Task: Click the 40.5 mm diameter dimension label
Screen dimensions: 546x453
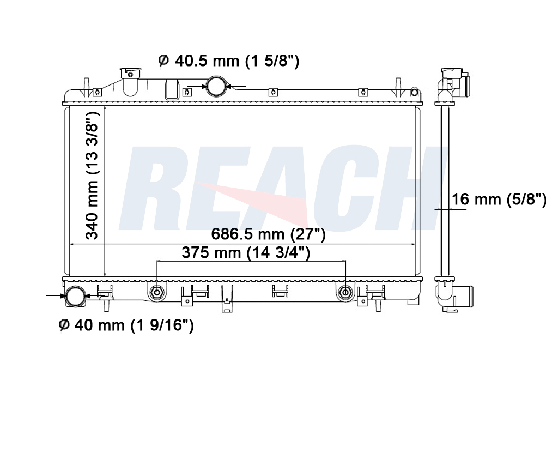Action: [229, 61]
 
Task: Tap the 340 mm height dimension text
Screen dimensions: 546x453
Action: [92, 176]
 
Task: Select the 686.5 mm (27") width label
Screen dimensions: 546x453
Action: [269, 234]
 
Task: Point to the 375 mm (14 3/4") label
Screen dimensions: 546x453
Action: [246, 252]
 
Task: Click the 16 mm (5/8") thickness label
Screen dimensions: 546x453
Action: [499, 200]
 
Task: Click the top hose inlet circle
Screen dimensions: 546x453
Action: [216, 86]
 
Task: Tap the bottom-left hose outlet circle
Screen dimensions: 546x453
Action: [76, 296]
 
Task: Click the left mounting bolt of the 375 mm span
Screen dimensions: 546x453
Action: [157, 292]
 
